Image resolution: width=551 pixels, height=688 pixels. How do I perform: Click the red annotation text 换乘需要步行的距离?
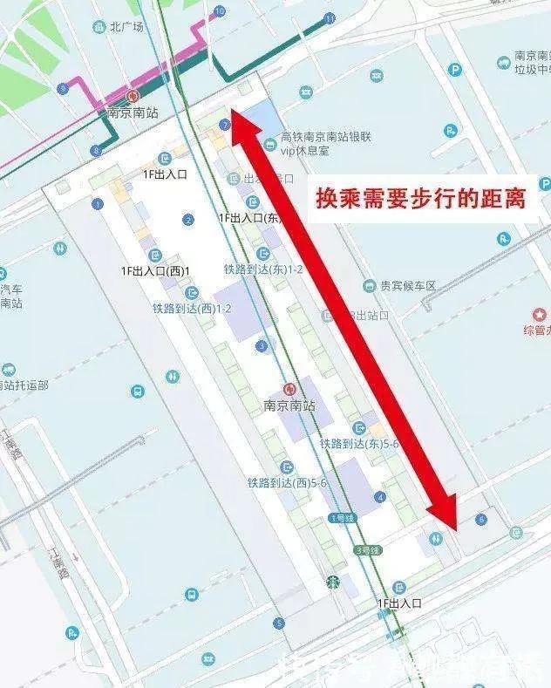tap(420, 198)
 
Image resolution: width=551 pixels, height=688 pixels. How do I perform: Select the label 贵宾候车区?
tap(399, 286)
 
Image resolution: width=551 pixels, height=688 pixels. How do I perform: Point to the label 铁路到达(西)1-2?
tap(192, 309)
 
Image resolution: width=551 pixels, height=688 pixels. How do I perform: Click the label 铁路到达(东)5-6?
tap(359, 444)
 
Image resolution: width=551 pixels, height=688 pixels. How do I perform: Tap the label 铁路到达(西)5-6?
tap(287, 482)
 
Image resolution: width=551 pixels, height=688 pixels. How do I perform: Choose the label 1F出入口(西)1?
tap(155, 271)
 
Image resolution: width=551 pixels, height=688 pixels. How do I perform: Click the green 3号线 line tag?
tap(369, 550)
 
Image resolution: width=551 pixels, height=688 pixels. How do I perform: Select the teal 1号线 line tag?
tap(343, 519)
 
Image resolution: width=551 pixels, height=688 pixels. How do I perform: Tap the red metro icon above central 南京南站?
tap(289, 390)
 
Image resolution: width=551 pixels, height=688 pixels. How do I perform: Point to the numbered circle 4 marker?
tap(379, 496)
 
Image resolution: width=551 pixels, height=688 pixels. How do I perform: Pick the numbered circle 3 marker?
tap(261, 346)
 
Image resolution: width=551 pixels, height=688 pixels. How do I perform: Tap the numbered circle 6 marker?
tap(481, 520)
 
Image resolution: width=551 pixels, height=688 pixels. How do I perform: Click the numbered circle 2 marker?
tap(188, 220)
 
